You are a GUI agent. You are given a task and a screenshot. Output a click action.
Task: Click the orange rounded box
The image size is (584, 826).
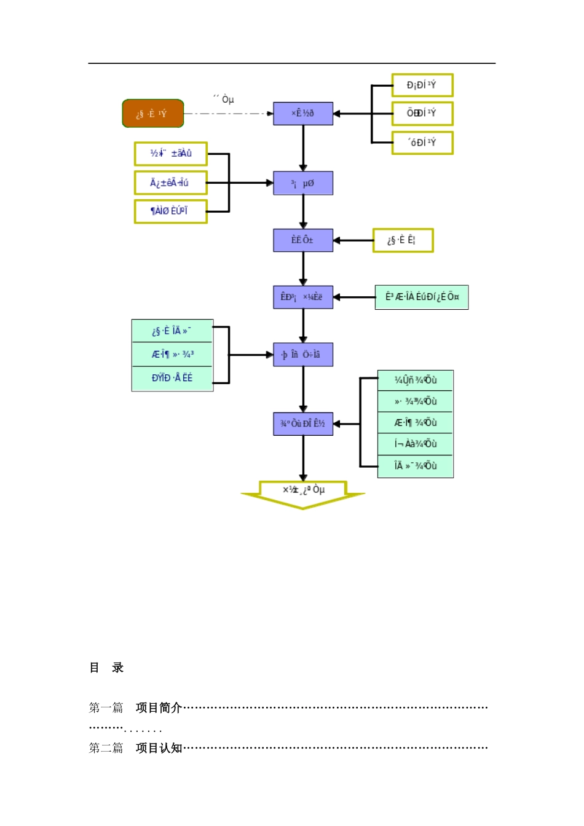point(153,114)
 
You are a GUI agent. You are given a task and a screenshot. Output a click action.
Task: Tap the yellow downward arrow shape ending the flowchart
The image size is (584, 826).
point(303,495)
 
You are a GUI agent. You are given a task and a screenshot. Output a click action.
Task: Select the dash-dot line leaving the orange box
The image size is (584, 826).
point(227,114)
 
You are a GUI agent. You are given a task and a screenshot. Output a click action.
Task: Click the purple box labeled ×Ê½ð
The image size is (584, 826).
point(303,114)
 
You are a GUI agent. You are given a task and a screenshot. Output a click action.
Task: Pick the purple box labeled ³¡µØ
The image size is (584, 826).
point(303,183)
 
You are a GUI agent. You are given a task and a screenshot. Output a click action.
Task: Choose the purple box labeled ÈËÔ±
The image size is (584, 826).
point(303,240)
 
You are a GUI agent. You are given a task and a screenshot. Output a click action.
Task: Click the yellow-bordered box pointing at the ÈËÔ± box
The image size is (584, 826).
point(403,240)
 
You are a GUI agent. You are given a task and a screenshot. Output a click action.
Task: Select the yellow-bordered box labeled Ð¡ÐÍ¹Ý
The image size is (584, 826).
point(422,85)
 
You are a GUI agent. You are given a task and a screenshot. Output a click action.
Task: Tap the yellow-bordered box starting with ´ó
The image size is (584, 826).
point(422,143)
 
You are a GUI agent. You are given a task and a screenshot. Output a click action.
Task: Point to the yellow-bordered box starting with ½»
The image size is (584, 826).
point(171,154)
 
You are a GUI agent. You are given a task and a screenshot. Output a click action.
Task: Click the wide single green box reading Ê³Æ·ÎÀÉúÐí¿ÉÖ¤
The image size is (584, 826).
point(422,297)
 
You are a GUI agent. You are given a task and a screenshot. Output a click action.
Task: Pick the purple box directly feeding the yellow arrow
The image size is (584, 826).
point(303,423)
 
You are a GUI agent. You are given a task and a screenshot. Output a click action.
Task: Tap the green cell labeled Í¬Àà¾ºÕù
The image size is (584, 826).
point(416,444)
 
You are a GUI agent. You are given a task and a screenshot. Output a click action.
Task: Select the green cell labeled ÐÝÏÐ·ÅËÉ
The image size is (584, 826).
point(172,378)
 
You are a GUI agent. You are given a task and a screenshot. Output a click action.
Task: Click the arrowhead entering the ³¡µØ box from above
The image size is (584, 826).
point(303,167)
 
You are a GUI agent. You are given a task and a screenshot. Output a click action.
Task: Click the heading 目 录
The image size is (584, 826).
point(106,667)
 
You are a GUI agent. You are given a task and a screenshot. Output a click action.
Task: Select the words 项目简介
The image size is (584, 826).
point(159,708)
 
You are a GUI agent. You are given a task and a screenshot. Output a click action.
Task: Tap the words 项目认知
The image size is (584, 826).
point(159,748)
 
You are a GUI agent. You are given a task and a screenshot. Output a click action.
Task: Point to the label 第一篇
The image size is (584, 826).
point(106,708)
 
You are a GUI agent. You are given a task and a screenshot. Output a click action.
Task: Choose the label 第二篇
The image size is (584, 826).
point(106,748)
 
